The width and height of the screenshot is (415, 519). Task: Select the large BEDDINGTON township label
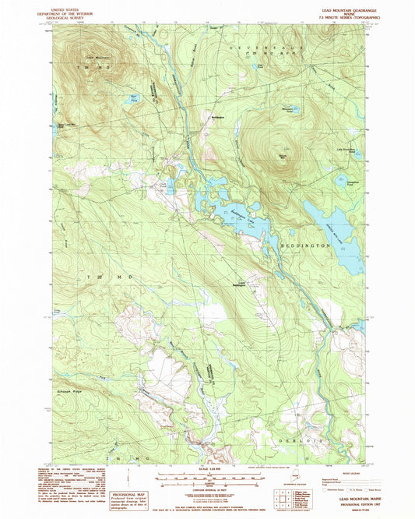[306, 245]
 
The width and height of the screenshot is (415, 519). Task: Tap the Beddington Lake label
[238, 214]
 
